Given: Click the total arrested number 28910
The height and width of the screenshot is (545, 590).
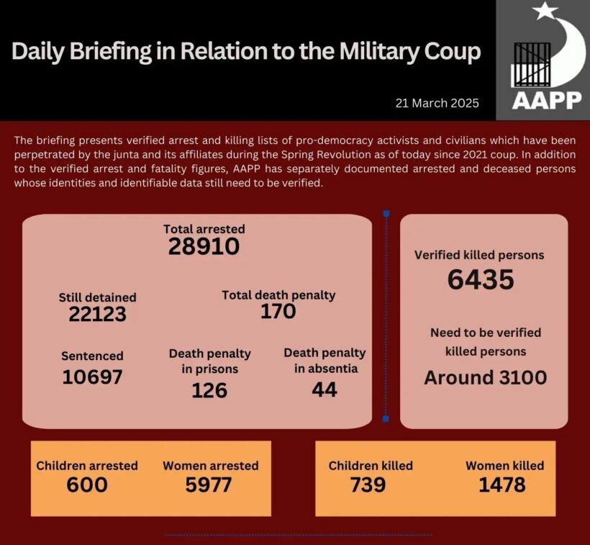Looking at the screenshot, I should point(204,247).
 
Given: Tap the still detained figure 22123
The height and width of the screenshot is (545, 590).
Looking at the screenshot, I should point(97,314).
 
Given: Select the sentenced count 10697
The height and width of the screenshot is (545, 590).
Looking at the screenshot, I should point(92,377).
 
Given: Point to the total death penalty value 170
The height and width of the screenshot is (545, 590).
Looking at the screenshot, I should point(278,311).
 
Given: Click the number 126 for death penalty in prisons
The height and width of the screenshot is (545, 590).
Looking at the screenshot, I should point(209,389).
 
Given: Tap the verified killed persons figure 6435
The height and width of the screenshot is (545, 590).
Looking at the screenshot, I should point(480,279).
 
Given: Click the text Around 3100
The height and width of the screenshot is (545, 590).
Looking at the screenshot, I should point(485,377).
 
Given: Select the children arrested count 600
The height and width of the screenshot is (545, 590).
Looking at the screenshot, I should point(87,485).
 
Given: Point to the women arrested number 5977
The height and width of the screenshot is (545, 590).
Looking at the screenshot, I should point(209,485).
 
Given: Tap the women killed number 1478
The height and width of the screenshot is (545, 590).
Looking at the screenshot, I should point(502,485).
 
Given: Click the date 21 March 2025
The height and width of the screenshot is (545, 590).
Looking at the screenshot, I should point(437,103).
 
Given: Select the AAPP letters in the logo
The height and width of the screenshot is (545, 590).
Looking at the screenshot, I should point(546,99).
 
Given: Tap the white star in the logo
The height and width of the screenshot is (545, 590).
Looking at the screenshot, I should point(545,12).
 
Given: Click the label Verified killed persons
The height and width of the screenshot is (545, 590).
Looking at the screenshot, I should point(479,255).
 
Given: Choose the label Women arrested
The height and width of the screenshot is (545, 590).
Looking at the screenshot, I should point(210,466).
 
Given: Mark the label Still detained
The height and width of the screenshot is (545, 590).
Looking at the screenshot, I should point(97,297).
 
